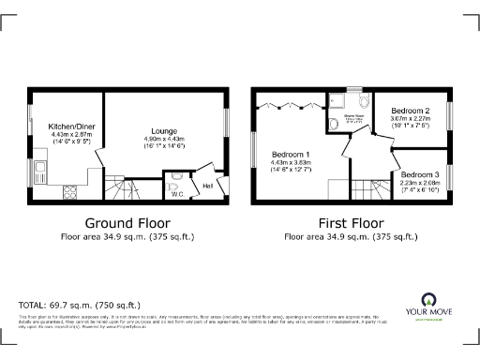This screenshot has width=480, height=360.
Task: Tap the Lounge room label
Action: [164, 131]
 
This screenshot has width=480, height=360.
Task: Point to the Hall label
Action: [209, 186]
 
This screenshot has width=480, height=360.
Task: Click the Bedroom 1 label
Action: [291, 154]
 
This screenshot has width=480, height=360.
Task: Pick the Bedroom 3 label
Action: [418, 174]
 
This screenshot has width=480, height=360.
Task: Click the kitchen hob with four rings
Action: [68, 191]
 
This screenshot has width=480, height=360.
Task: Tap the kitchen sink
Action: [41, 172]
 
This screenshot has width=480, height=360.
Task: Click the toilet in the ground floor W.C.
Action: [173, 185]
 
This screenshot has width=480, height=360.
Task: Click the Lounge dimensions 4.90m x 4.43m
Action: [164, 140]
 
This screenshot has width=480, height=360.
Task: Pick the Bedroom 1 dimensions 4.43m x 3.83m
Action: [291, 163]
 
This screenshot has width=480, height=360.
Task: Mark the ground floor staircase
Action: [121, 191]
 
